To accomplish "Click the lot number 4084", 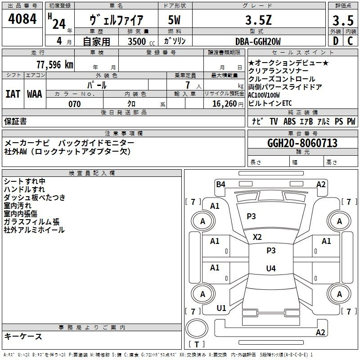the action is tap(22, 19).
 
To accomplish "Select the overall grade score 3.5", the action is tap(343, 20).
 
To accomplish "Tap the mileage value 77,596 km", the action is tap(55, 65).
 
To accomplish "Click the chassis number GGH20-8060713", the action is tap(302, 143).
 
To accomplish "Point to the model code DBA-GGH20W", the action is tap(258, 41).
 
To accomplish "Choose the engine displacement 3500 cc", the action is tap(141, 41).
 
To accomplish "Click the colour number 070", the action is tap(75, 104).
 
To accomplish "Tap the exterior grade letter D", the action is tap(336, 41).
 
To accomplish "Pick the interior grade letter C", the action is tap(351, 41).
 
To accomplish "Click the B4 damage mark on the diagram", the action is tap(220, 184).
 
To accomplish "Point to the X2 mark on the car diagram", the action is tap(257, 237).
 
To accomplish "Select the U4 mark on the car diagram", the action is tap(271, 268).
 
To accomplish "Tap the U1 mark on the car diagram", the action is tap(221, 308).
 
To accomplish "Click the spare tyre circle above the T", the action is tap(197, 328).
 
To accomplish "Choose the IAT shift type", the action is tap(13, 94).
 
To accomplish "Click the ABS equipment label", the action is tap(289, 121).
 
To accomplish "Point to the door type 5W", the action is tap(174, 20).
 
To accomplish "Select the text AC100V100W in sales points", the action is tap(264, 95).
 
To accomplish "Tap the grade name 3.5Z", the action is tap(258, 20).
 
